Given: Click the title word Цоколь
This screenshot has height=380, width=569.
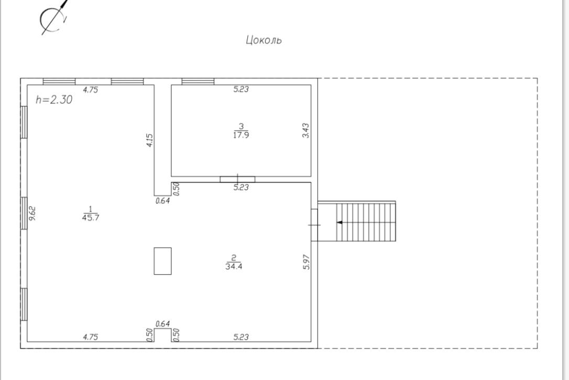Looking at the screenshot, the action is (x=264, y=40).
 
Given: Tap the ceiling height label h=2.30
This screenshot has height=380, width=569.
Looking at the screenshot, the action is (x=54, y=100).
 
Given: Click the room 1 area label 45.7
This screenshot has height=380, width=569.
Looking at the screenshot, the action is (x=90, y=218).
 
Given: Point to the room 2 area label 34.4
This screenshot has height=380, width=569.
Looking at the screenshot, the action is (x=234, y=266).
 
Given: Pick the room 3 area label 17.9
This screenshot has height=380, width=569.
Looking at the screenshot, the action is (x=241, y=135).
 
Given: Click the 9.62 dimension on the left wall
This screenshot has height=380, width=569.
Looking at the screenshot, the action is (x=32, y=213).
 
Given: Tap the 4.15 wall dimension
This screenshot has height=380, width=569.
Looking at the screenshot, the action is (x=149, y=140).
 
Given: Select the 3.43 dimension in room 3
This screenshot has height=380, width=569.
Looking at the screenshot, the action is (x=306, y=131).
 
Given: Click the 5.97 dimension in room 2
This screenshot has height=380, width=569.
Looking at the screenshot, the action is (x=307, y=262).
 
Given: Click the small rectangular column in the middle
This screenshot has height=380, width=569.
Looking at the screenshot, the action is (x=162, y=261).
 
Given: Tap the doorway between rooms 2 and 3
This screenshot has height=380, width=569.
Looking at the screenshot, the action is (x=238, y=179).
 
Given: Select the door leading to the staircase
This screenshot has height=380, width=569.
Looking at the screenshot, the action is (x=314, y=225).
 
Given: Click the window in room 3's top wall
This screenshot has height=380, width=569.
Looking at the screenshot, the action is (x=198, y=81).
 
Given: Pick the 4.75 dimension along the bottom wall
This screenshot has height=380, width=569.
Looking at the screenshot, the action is (x=90, y=337).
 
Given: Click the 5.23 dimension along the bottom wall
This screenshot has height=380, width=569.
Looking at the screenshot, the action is (x=241, y=337).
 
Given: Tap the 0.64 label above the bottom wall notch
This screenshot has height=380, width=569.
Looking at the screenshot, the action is (x=162, y=323).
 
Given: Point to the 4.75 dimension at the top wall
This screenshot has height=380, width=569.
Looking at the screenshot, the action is (x=90, y=90).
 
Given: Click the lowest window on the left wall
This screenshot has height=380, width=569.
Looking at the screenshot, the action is (x=24, y=304).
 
